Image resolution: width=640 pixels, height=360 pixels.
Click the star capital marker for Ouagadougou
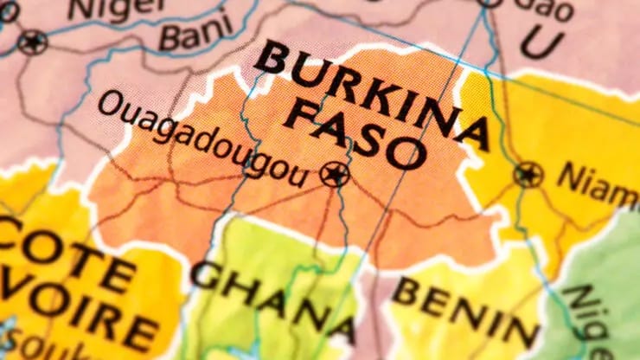click(x=334, y=174)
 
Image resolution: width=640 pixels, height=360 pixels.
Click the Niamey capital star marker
click(x=528, y=175)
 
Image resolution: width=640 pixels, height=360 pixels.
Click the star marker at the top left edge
click(x=33, y=42)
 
